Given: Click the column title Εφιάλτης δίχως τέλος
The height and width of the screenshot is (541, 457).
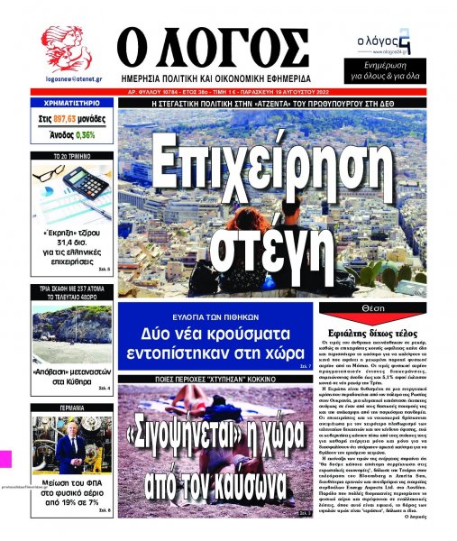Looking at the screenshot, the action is (x=377, y=331).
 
